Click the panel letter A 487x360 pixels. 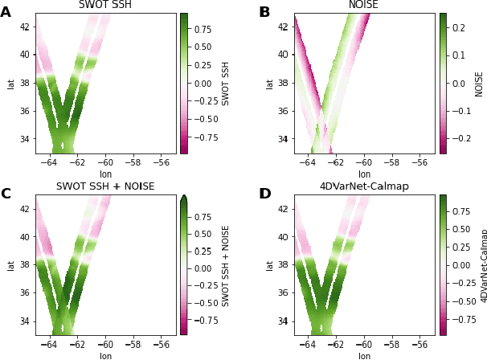(6, 12)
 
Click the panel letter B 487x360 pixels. (264, 12)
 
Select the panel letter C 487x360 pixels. (6, 194)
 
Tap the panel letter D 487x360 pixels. (264, 194)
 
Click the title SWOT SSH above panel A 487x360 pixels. (106, 6)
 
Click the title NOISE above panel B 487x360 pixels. (364, 6)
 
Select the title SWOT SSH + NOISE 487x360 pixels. (105, 186)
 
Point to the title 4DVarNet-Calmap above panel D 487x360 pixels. (364, 186)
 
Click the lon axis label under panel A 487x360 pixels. (106, 174)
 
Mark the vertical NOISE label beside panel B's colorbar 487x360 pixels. (480, 83)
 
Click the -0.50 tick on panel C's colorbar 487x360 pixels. (204, 303)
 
